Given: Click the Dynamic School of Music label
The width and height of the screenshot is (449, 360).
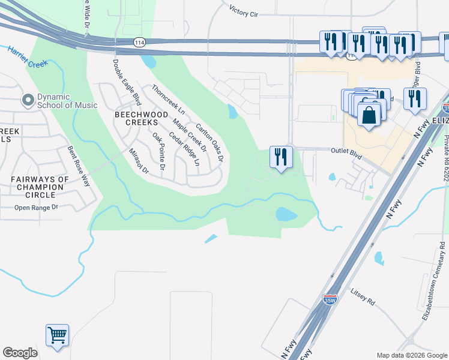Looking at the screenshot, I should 67,101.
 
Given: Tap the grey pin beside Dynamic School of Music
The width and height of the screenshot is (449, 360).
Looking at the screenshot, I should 28,100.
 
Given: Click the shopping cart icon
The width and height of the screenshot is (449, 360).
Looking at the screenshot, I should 57,335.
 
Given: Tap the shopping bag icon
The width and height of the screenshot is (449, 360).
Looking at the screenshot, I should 369,113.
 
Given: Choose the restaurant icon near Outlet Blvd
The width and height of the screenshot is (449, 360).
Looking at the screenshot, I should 281,157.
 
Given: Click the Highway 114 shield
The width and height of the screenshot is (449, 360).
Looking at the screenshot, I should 138,42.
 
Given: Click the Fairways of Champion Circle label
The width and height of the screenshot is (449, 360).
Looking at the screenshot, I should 40,187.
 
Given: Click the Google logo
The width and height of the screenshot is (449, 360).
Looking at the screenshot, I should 20,353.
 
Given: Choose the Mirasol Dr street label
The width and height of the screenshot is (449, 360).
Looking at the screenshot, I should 139,161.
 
